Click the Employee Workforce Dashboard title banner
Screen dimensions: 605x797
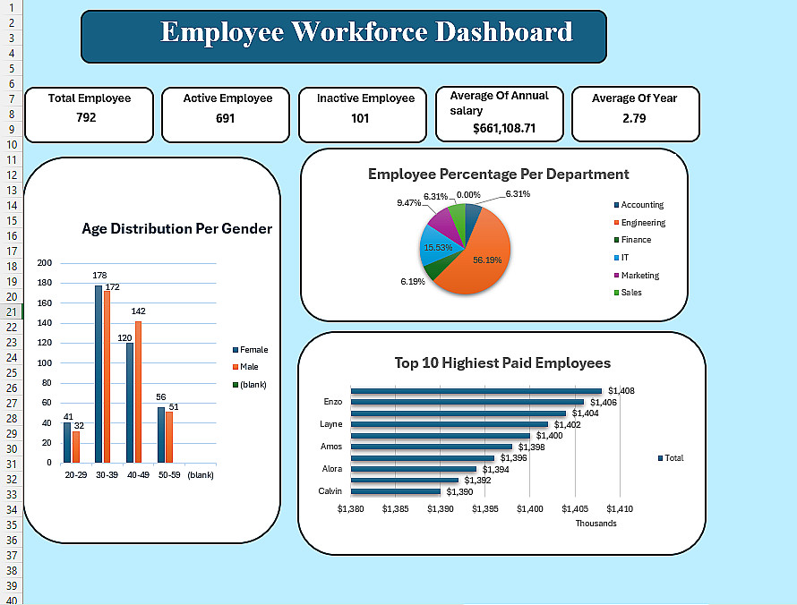click(x=343, y=35)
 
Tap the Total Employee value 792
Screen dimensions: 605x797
click(x=86, y=117)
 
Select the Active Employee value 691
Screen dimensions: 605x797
click(x=225, y=117)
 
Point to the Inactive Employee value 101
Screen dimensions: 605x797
click(x=360, y=117)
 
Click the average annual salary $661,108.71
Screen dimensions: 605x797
click(x=504, y=128)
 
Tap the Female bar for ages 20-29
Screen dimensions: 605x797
click(x=67, y=442)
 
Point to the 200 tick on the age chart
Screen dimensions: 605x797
click(x=45, y=263)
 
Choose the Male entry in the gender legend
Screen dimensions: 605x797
click(x=248, y=367)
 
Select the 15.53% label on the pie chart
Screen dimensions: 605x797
click(x=437, y=247)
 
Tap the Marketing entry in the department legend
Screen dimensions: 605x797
click(x=639, y=276)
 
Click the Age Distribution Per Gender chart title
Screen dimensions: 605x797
click(x=176, y=228)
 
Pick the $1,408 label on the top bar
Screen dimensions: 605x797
click(x=621, y=391)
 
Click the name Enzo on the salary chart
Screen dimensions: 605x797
click(x=331, y=402)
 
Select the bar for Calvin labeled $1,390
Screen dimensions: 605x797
click(x=396, y=491)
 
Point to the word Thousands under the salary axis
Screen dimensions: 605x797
click(x=596, y=524)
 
